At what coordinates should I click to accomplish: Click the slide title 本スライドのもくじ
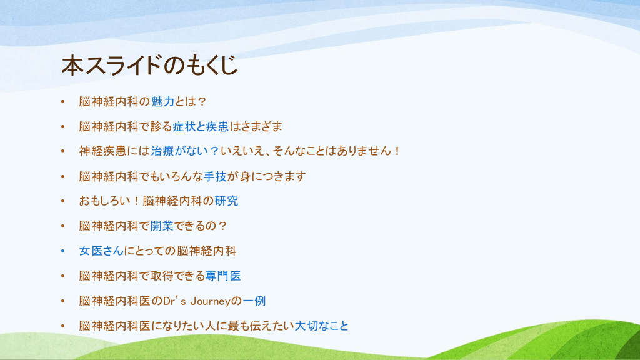pyautogui.click(x=149, y=65)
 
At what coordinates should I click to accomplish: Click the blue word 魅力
pyautogui.click(x=162, y=102)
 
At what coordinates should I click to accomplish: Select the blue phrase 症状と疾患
pyautogui.click(x=201, y=126)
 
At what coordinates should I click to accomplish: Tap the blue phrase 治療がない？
pyautogui.click(x=185, y=151)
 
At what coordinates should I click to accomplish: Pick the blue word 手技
pyautogui.click(x=215, y=176)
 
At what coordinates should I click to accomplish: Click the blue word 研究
pyautogui.click(x=226, y=201)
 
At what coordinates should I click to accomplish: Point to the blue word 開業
pyautogui.click(x=162, y=226)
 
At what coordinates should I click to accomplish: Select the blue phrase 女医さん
pyautogui.click(x=102, y=251)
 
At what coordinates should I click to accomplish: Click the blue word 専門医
pyautogui.click(x=223, y=276)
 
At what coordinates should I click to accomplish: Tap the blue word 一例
pyautogui.click(x=254, y=301)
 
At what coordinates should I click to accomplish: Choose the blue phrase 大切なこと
pyautogui.click(x=322, y=326)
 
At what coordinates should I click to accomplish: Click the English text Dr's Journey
pyautogui.click(x=197, y=301)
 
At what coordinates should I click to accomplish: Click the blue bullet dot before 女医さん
pyautogui.click(x=63, y=251)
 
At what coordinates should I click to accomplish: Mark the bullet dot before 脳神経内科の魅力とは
pyautogui.click(x=63, y=102)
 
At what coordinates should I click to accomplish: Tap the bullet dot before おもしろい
pyautogui.click(x=63, y=201)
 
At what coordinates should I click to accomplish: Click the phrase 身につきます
pyautogui.click(x=272, y=176)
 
